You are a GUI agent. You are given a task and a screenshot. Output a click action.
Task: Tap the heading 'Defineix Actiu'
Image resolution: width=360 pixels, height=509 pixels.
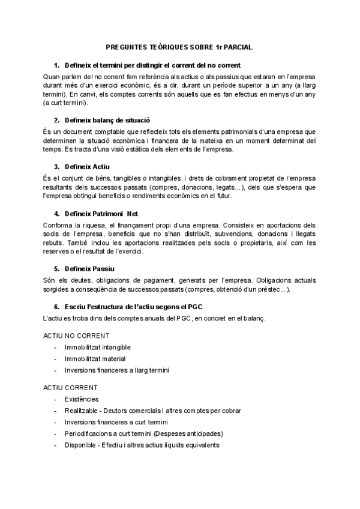coord(88,166)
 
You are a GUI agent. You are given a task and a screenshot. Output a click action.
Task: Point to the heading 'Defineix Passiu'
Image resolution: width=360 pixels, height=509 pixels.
coord(89,268)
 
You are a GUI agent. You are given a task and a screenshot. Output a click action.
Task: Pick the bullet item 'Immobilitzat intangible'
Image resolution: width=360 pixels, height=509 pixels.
coord(98,348)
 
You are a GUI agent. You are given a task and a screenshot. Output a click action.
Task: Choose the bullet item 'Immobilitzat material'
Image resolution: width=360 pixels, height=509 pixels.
coord(95,359)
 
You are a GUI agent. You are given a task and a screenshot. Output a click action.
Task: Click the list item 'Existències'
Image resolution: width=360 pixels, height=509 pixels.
coord(82,399)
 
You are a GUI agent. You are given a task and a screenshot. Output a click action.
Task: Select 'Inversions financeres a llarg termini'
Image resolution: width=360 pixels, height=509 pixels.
coord(117,370)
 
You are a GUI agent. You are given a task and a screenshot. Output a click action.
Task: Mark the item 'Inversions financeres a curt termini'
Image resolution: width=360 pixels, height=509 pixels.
coord(116,422)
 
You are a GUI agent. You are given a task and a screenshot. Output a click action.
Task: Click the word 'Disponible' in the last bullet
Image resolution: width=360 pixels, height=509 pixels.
coord(80,445)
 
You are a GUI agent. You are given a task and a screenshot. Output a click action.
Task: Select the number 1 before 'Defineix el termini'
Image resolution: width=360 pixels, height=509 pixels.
coord(56,65)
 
